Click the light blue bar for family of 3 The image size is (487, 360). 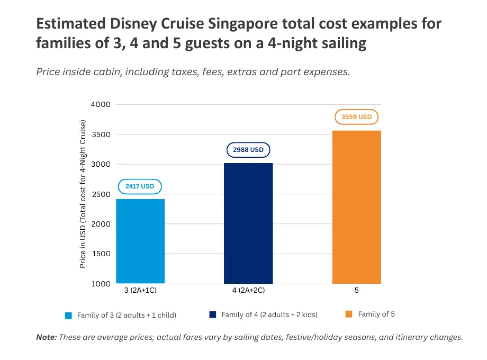[x=140, y=241]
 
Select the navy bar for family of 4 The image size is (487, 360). [x=248, y=223]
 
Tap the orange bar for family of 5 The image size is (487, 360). [x=356, y=207]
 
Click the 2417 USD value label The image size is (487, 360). [x=140, y=186]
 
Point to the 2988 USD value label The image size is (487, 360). [x=248, y=150]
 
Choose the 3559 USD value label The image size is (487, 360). [x=356, y=117]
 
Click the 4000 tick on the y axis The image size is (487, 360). [x=100, y=104]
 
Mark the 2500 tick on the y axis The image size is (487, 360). [x=100, y=194]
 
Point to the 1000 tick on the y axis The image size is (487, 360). [x=100, y=284]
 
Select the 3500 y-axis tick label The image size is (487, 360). [x=100, y=134]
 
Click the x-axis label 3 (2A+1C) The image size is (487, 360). [x=140, y=291]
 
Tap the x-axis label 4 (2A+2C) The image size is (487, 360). [x=248, y=291]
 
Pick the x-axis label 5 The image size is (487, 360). [x=356, y=291]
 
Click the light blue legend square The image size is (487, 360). [x=68, y=316]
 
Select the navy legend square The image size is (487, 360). [x=213, y=314]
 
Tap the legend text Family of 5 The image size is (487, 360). [x=376, y=314]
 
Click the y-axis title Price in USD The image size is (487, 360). [x=83, y=194]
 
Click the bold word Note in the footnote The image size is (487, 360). [x=46, y=337]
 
